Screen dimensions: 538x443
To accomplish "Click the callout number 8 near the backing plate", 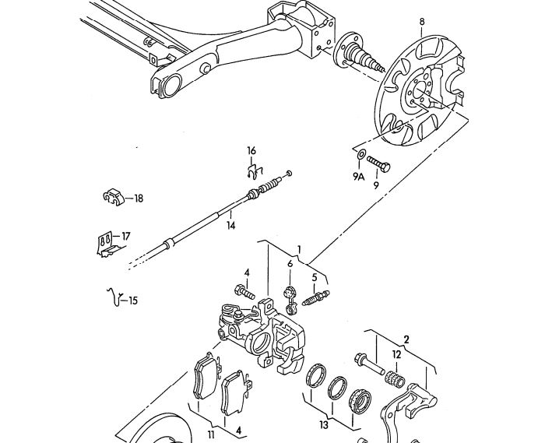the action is click(422, 22).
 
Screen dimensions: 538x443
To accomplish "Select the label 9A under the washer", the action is click(358, 177).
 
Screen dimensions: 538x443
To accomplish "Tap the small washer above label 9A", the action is click(361, 154).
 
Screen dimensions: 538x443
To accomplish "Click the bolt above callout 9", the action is click(378, 163).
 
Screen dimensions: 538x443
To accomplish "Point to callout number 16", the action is click(251, 150).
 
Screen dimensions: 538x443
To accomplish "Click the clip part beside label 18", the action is click(113, 197).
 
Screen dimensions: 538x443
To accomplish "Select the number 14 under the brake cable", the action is click(231, 226).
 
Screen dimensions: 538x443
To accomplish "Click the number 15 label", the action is click(133, 301).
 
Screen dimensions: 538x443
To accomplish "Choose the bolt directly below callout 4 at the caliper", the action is click(244, 292).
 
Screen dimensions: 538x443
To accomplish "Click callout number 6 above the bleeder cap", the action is click(290, 263).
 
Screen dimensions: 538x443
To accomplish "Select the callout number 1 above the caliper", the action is click(299, 249).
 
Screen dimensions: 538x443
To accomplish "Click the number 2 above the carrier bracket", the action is click(406, 339).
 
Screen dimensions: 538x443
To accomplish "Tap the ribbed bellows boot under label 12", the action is click(396, 379).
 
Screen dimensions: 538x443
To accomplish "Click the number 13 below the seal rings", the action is click(324, 425).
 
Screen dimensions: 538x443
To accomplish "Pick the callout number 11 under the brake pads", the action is click(211, 434).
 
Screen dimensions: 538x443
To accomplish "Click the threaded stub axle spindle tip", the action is click(382, 68).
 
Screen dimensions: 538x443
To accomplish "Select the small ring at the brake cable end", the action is click(289, 173).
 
